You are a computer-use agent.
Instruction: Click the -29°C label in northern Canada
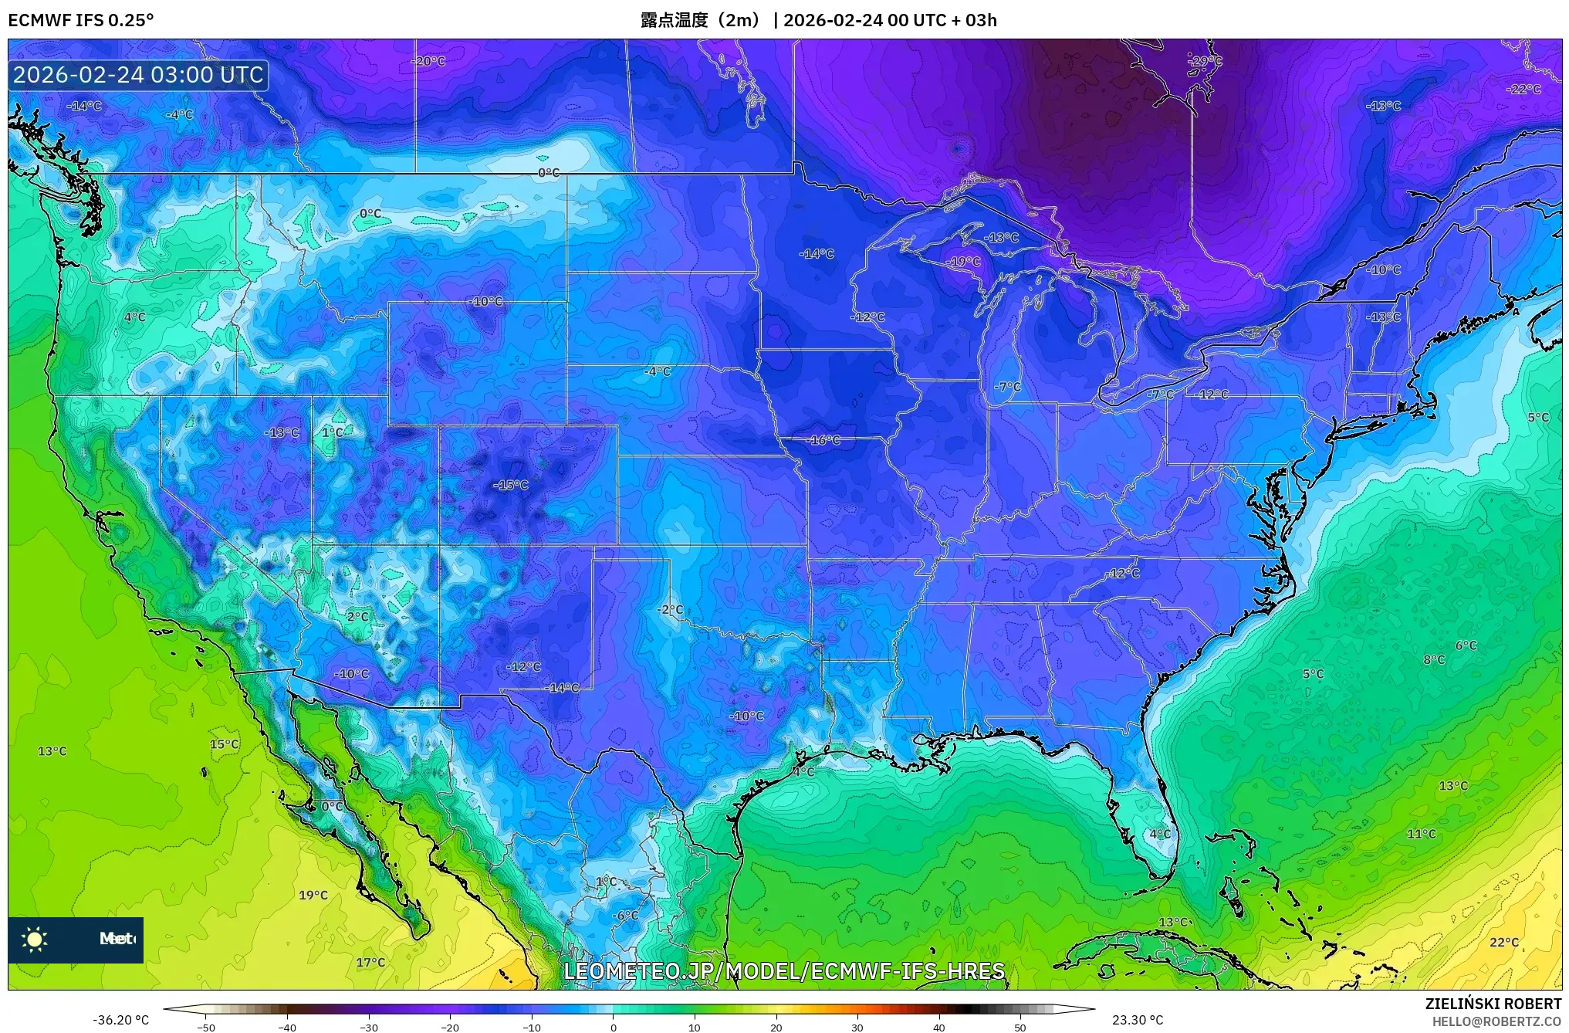pos(1205,61)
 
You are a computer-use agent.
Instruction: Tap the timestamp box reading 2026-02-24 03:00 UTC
pos(138,75)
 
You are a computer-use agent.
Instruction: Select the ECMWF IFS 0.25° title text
pos(80,20)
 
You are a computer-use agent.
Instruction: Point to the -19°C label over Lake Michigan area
pos(963,262)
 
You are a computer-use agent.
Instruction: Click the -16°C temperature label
pos(823,440)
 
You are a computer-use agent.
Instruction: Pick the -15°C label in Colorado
pos(511,486)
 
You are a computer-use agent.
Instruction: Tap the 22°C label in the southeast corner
pos(1503,942)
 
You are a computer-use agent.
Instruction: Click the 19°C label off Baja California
pos(313,895)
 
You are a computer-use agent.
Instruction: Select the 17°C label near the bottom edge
pos(370,962)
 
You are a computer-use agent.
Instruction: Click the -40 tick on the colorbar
pos(287,1027)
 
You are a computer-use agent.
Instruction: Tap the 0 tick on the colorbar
pos(614,1027)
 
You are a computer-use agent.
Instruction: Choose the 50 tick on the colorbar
pos(1020,1027)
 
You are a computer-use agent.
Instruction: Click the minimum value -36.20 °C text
pos(121,1020)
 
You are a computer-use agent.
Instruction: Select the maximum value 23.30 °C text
pos(1137,1020)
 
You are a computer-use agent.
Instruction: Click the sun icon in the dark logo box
pos(35,939)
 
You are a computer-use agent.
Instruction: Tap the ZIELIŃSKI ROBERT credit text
pos(1493,1004)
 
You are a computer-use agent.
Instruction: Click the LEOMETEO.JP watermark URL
pos(784,970)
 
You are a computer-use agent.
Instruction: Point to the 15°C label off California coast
pos(224,744)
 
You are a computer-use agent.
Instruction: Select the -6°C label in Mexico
pos(626,916)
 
